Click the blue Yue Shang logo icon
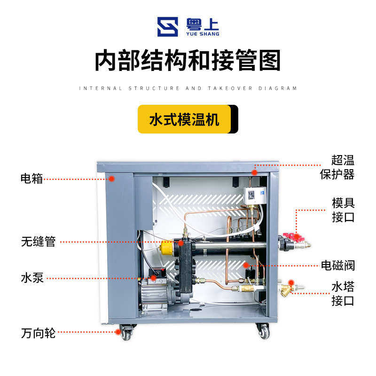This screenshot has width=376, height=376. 167,27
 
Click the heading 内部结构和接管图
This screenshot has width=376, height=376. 188,61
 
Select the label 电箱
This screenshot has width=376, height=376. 31,179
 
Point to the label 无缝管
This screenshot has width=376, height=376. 38,242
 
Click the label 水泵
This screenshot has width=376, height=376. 32,277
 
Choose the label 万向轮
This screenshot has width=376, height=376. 38,333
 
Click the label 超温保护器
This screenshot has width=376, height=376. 337,167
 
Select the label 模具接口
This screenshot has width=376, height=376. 343,210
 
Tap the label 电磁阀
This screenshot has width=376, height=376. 337,266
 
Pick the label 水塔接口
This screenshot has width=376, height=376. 343,293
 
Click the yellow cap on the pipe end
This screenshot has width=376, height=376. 166,245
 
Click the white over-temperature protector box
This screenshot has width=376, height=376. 251,195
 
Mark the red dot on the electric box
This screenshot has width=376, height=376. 112,178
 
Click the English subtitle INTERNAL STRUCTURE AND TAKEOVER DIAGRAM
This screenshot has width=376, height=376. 188,88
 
